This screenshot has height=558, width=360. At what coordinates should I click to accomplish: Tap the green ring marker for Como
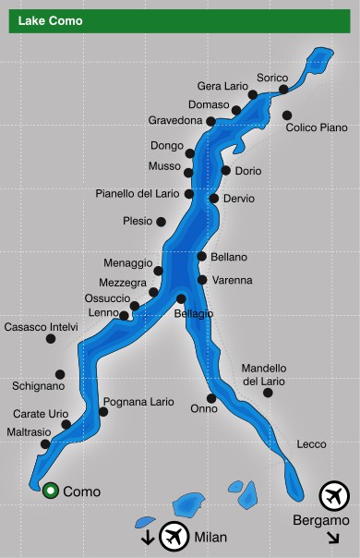(50, 491)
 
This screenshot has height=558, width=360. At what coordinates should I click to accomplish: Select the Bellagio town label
(194, 314)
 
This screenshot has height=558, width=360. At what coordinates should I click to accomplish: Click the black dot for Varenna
(202, 279)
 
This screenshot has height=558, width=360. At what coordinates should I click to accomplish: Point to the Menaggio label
(127, 263)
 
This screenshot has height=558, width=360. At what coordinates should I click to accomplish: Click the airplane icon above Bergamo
(333, 496)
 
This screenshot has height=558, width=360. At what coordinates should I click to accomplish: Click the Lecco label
(311, 444)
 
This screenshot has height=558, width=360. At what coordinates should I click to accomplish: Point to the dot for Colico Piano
(287, 115)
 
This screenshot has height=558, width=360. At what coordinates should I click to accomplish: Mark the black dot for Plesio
(161, 222)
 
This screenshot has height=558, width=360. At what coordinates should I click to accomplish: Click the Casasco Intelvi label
(42, 327)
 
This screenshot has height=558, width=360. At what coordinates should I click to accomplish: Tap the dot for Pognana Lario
(103, 411)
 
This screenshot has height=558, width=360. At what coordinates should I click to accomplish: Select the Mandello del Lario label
(264, 374)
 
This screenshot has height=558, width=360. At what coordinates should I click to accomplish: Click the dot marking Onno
(211, 398)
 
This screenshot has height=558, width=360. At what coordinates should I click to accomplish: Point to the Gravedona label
(175, 120)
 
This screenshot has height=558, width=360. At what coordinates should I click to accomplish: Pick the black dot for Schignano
(60, 374)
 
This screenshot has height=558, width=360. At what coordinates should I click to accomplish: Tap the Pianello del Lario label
(138, 194)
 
